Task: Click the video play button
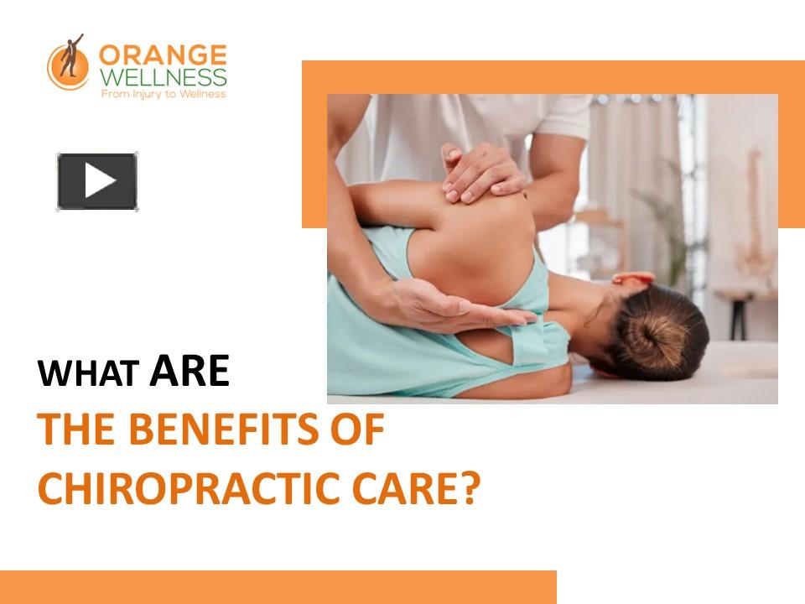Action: click(x=97, y=181)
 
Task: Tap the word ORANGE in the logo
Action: click(x=163, y=56)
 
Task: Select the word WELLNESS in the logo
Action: click(x=163, y=78)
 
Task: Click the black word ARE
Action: click(x=189, y=372)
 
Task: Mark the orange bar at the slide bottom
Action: click(x=278, y=586)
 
